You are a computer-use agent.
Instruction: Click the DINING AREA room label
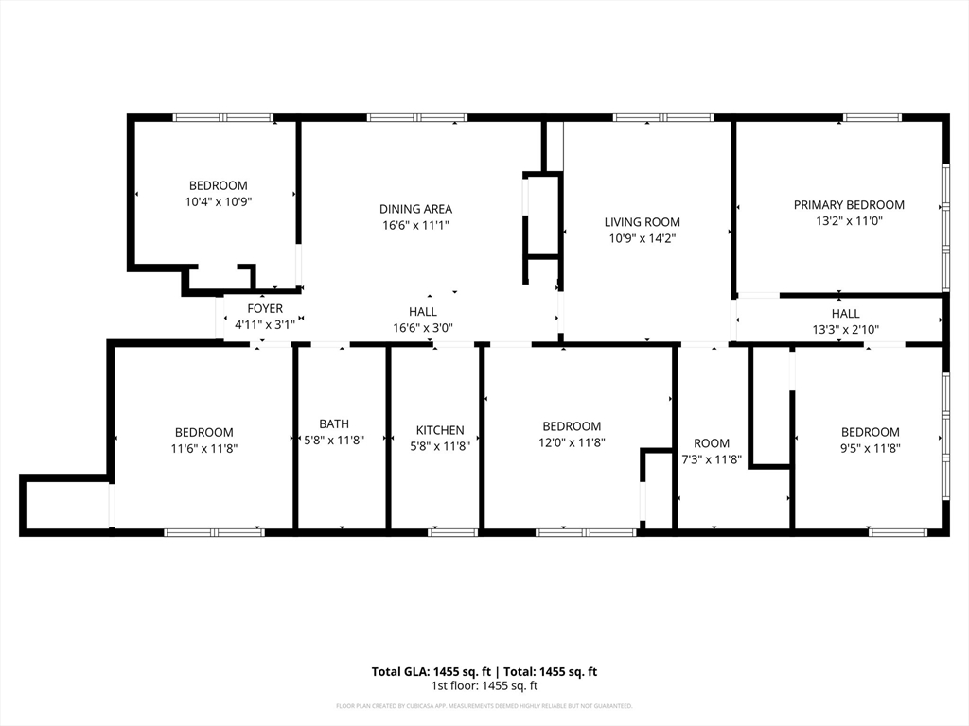pos(415,209)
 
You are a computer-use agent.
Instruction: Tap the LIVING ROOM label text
pos(643,222)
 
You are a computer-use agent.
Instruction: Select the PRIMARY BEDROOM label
pos(849,205)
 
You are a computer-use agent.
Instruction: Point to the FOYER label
pos(265,309)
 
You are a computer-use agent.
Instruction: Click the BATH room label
pos(333,424)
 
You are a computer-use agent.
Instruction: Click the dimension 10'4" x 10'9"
pos(218,201)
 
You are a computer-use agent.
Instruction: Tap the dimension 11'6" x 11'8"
pos(203,449)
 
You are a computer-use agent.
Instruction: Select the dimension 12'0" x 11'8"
pos(572,442)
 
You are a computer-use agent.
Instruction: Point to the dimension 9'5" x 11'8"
pos(870,449)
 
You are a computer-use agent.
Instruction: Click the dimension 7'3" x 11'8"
pos(712,460)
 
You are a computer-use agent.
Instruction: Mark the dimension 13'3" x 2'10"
pos(845,330)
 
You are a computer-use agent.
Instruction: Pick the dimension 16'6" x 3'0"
pos(423,328)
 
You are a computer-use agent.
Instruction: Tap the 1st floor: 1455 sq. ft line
pos(484,686)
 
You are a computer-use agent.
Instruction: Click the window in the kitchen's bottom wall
pos(452,533)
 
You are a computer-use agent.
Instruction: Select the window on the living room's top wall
pos(662,118)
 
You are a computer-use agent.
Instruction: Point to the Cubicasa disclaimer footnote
pos(484,706)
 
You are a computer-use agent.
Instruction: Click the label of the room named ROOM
pos(712,443)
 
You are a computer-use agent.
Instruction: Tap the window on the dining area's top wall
pos(416,118)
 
